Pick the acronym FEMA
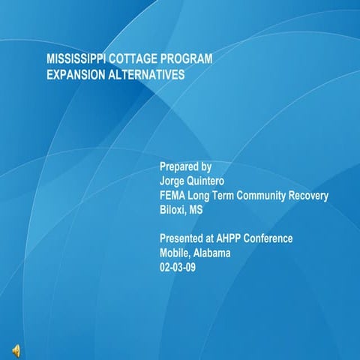pos(173,196)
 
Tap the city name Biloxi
pos(172,210)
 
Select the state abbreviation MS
pos(196,210)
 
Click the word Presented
pos(181,238)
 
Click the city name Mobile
pos(175,253)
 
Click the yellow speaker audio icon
pos(16,349)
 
